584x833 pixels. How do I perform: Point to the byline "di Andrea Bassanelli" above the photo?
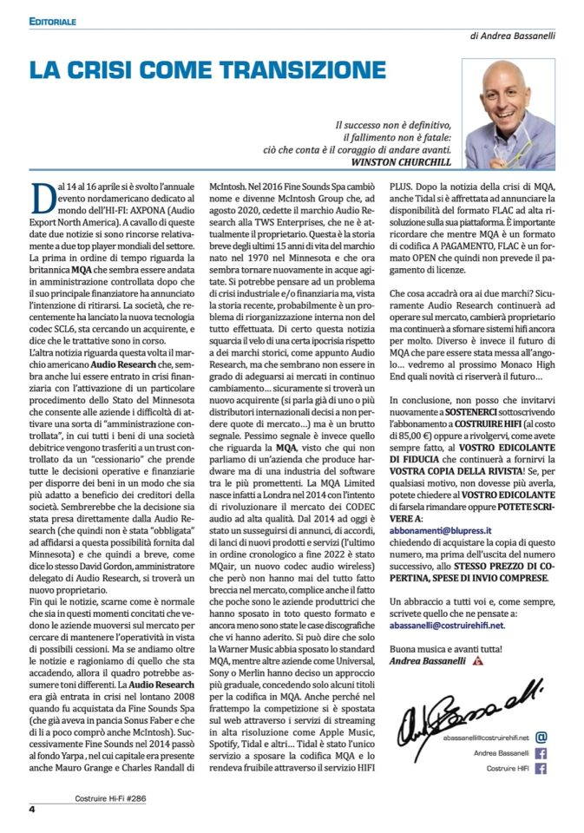pos(513,36)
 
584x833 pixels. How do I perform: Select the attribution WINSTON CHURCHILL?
pos(404,161)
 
